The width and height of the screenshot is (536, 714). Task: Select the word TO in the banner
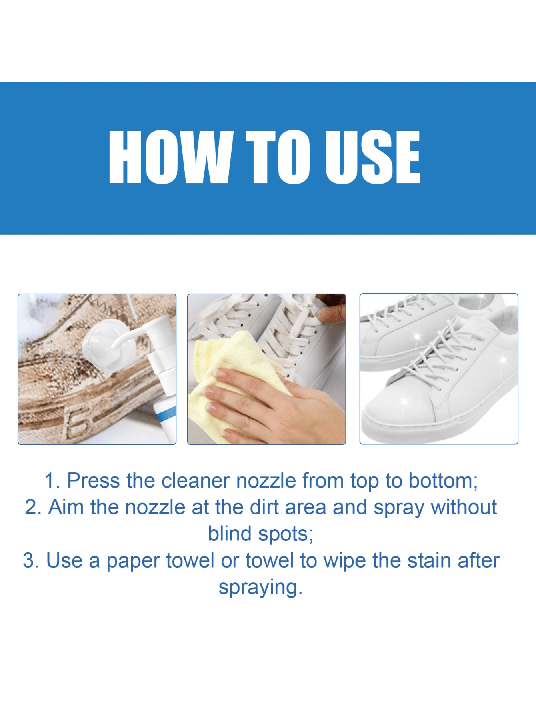tap(278, 157)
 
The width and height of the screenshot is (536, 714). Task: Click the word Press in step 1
tap(93, 480)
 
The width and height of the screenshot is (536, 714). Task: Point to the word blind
tap(230, 534)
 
